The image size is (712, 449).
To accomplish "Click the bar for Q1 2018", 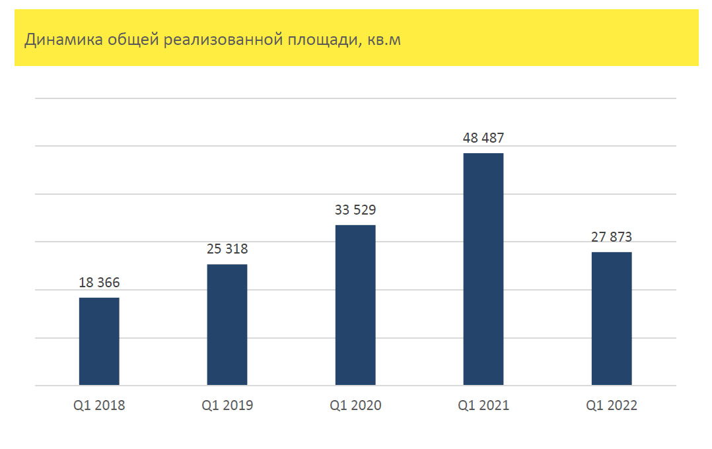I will tap(99, 341).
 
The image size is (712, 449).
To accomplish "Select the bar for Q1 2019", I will tap(227, 325).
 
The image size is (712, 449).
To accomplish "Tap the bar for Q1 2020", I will tap(355, 305).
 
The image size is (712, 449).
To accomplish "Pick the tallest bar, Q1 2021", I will tap(483, 269).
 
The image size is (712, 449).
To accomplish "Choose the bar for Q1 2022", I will tap(612, 319).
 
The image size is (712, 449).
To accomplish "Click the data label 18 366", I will tap(99, 283).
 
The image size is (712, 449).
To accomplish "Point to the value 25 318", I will tap(227, 250).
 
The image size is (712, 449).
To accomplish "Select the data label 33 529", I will tap(355, 211).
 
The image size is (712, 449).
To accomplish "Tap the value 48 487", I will tap(483, 139).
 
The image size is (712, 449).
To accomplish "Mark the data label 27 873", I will tap(612, 238).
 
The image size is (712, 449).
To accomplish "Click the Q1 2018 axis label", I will tap(99, 405).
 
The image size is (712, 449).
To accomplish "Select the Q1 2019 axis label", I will tap(227, 405).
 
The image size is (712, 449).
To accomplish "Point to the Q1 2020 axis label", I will tap(355, 405).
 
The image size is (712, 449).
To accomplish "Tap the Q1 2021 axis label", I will tap(483, 405).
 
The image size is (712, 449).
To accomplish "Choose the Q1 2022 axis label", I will tap(612, 405).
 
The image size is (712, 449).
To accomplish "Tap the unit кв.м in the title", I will tap(383, 40).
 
